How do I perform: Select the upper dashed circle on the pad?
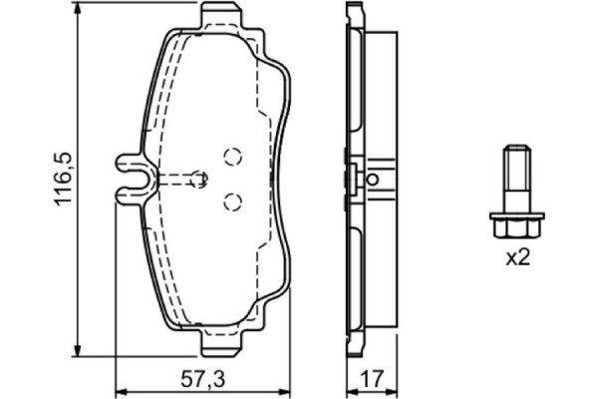[233, 156]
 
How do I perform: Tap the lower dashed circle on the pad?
[233, 201]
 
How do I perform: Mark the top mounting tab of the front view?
[224, 15]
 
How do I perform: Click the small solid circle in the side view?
[373, 181]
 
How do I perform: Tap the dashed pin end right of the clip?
[198, 179]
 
